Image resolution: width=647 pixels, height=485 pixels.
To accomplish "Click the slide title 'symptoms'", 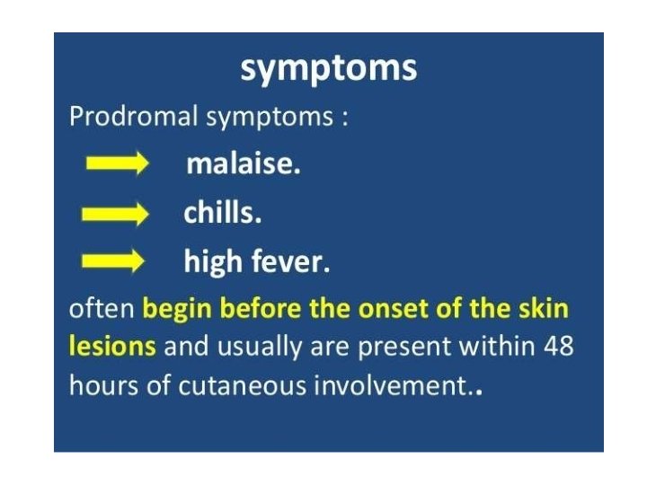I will click(x=328, y=68).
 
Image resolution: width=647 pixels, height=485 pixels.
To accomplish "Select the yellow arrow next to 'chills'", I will click(x=114, y=215).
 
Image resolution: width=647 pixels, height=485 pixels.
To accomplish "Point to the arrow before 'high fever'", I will click(x=114, y=262).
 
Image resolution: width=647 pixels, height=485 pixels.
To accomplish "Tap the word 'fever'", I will click(x=289, y=262).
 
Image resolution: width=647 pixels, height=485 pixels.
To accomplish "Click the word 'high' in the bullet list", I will click(x=213, y=262).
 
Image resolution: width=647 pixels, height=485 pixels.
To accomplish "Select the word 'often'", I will click(x=102, y=310).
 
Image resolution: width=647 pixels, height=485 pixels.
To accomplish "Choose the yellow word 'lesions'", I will click(x=112, y=346).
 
